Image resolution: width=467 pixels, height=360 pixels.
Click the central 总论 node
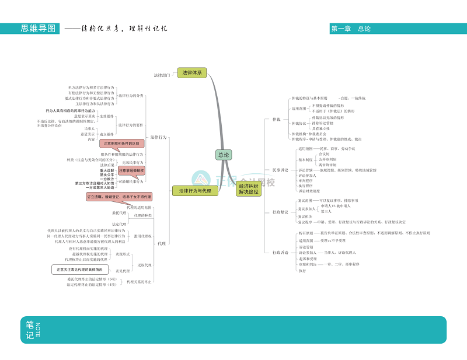point(224,155)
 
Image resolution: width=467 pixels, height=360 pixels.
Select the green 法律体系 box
point(191,73)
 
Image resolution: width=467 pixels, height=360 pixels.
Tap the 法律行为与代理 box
point(195,190)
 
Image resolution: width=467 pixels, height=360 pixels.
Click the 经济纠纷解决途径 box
point(248,189)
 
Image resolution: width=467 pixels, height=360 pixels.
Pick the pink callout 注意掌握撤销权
point(131,170)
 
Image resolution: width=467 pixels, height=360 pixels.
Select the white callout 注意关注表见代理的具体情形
point(79,270)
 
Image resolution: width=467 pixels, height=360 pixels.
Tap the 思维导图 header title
point(38,28)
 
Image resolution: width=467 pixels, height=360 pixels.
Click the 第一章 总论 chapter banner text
point(350,29)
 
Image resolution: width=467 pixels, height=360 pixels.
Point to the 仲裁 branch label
point(277,119)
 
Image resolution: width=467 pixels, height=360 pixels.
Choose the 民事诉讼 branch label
point(280,170)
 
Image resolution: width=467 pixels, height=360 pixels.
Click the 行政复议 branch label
point(280,212)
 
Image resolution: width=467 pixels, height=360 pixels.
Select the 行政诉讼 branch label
point(280,252)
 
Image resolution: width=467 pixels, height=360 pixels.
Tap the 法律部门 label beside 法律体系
point(162,75)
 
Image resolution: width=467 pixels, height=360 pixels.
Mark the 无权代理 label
point(144,265)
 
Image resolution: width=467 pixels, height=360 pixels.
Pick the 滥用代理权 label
point(143,236)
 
